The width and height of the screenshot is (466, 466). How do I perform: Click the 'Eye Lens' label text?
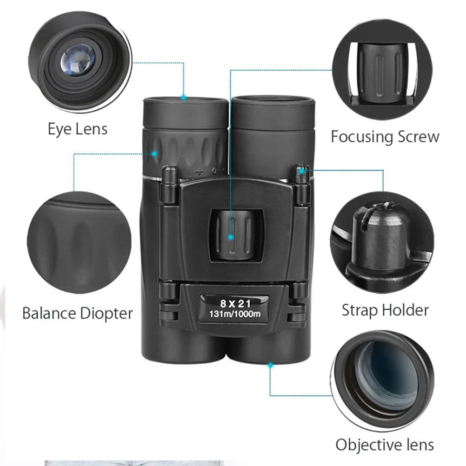click(78, 129)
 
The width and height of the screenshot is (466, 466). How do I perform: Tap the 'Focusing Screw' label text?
click(385, 137)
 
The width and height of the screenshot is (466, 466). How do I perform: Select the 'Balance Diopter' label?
click(78, 313)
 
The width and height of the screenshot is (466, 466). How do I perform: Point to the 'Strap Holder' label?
click(385, 310)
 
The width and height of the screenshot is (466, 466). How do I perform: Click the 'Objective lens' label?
click(385, 445)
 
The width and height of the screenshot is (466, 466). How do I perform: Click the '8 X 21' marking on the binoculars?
click(235, 304)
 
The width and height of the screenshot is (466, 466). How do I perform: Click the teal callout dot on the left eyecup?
click(184, 98)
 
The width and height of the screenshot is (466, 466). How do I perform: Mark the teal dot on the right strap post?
click(302, 171)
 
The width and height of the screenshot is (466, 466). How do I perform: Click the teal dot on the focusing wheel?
click(230, 237)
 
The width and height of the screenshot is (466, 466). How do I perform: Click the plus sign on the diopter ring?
click(199, 171)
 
